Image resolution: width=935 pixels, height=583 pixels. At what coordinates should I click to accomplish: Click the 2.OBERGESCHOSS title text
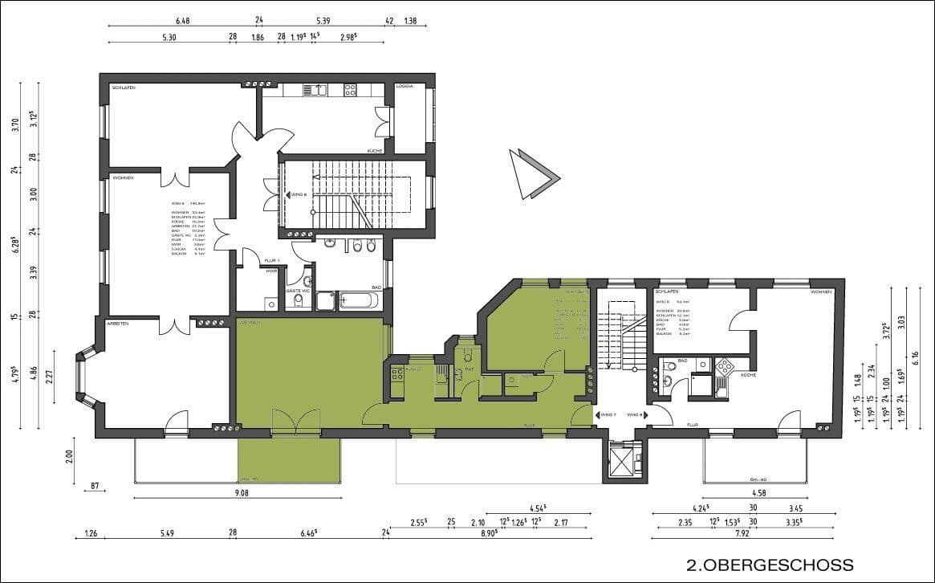770,565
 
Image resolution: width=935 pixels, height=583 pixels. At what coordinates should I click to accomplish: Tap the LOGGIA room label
404,86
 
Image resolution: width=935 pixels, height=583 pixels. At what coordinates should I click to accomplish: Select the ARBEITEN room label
118,322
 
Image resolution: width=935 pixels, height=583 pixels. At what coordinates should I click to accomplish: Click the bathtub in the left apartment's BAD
358,301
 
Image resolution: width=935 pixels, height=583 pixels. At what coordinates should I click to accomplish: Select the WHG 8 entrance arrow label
636,414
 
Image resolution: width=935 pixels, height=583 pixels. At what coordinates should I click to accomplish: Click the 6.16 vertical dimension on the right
915,354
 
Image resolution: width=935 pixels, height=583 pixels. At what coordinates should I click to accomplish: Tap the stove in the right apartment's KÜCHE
725,366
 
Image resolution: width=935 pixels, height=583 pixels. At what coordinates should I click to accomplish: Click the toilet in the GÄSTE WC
298,300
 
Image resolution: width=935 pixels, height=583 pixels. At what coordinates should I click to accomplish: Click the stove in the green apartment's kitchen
396,373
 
